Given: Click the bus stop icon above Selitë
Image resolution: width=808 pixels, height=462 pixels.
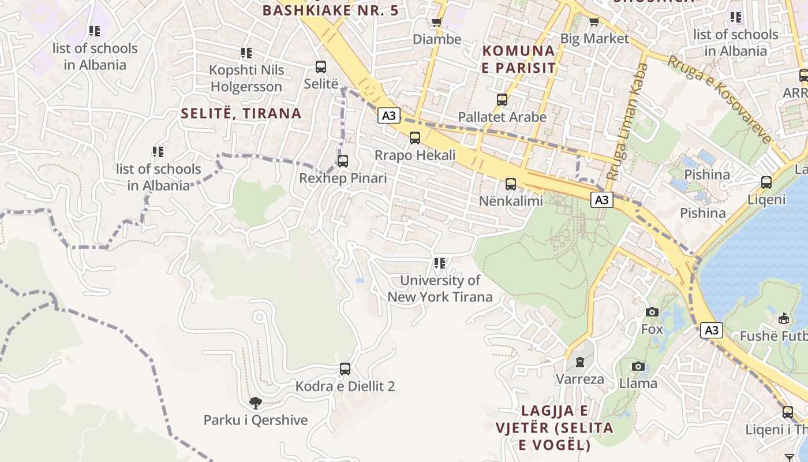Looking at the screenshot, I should pos(320,66).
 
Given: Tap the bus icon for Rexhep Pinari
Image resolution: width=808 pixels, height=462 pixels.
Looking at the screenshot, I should pos(343,161).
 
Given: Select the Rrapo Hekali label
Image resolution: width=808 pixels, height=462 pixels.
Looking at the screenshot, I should pos(415,155).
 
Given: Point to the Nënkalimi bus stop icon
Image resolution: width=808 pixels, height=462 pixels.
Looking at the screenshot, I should pos(511,184).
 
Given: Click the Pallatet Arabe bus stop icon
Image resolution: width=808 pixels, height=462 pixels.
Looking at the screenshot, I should pos(502,99).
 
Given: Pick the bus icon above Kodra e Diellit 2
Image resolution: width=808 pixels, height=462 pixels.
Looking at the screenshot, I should pos(345,368).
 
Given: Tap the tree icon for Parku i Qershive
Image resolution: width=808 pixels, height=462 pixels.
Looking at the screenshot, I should pos(255,403).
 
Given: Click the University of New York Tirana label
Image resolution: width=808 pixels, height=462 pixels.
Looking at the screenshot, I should pos(440,289).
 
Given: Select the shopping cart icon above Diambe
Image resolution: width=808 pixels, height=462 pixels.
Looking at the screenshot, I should pos(437,23).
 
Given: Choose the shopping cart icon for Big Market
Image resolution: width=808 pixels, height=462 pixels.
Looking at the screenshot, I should pos(594,22).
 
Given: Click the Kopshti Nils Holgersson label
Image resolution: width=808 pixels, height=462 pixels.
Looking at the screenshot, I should pos(246,79).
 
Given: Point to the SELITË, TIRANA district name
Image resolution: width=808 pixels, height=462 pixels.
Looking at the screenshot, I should pos(241,113).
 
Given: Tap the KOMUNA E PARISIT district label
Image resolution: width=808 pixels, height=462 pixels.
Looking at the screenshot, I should pos(519,59).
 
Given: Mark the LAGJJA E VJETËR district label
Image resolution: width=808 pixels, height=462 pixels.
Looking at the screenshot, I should pos(554,428).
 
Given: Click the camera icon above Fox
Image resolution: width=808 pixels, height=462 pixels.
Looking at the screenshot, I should pos(652,312).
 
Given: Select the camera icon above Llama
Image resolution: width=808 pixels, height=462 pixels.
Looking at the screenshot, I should pos(638,366).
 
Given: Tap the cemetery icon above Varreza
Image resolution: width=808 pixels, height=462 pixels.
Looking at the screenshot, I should pos(580,362).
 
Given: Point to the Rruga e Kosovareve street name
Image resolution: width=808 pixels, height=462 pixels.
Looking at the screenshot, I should pos(720,99).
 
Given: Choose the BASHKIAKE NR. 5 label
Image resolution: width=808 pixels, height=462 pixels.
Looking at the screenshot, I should pos(330,10).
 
